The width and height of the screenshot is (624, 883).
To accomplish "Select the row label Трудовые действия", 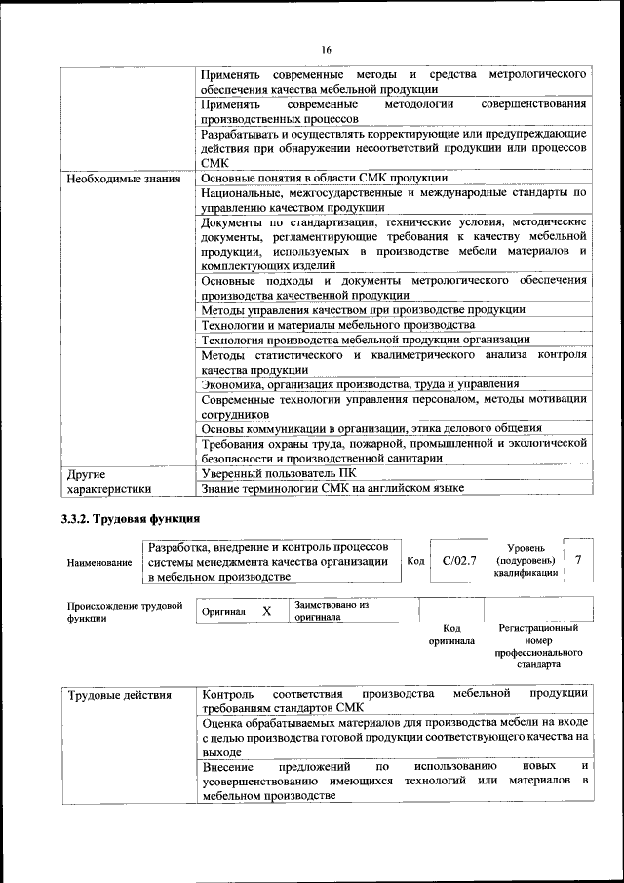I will point(119,696).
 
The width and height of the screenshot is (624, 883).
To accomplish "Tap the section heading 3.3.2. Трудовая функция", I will point(131,518).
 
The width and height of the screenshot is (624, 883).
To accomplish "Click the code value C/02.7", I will point(458,560).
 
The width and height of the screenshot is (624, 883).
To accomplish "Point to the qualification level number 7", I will point(579,560).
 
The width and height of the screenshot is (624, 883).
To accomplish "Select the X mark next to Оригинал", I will point(266,611).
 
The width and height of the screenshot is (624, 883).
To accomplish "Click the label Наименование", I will point(99,563).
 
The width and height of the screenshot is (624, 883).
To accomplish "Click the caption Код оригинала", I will point(451,635).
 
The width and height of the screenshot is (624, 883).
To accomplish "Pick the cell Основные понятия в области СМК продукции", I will point(324,178).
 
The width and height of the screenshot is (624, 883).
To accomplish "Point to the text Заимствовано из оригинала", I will point(331,611).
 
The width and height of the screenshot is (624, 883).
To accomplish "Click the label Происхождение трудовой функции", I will point(125,612).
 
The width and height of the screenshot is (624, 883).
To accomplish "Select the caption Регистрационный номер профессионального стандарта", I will point(538,647).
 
